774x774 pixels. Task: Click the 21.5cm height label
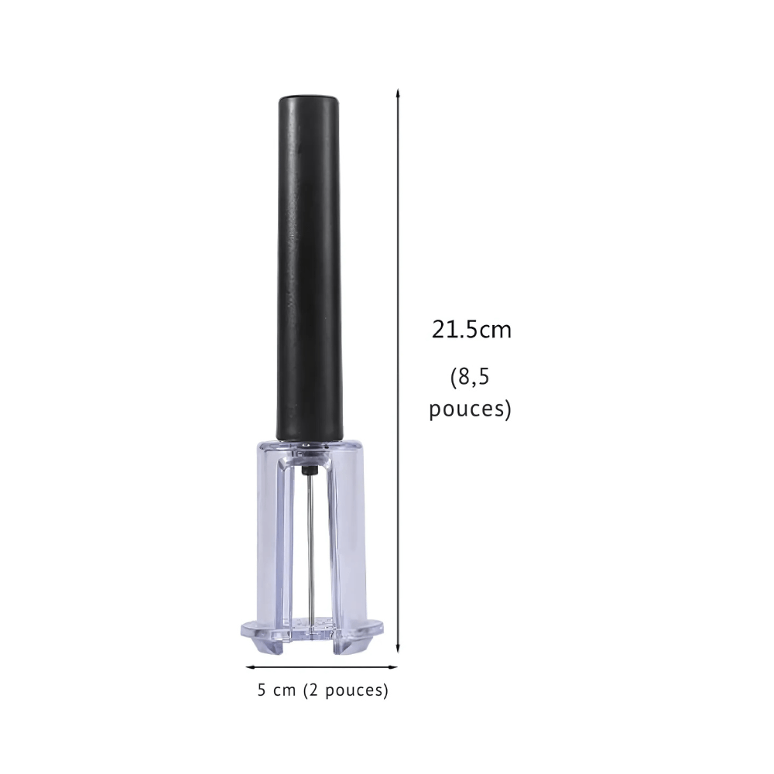pos(471,330)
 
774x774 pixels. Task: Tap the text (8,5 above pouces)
pos(470,378)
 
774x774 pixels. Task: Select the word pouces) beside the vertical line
pos(470,409)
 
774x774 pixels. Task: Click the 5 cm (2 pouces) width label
pos(323,690)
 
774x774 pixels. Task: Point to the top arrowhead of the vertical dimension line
pos(398,92)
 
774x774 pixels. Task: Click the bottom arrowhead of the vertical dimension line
pos(398,649)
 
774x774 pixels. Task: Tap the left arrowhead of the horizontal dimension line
pos(250,667)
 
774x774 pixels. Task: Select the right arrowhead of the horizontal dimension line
pos(393,667)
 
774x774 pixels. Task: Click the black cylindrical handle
pos(309,267)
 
